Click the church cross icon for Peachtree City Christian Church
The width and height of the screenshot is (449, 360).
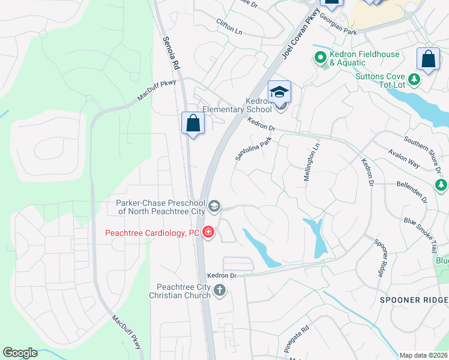[220, 291]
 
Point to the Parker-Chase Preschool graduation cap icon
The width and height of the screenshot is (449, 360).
[214, 207]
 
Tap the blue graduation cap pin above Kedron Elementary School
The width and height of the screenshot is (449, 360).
[279, 92]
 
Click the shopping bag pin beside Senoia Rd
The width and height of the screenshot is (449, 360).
[193, 123]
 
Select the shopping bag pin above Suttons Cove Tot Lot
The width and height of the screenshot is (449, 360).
[428, 59]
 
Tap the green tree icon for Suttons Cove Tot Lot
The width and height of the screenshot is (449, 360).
[414, 79]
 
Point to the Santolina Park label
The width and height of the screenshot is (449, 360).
[253, 148]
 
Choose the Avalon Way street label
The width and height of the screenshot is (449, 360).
[404, 157]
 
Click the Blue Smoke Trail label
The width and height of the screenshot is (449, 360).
[426, 229]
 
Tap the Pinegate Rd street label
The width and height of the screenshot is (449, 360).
[296, 339]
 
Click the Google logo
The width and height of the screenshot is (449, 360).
[20, 353]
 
